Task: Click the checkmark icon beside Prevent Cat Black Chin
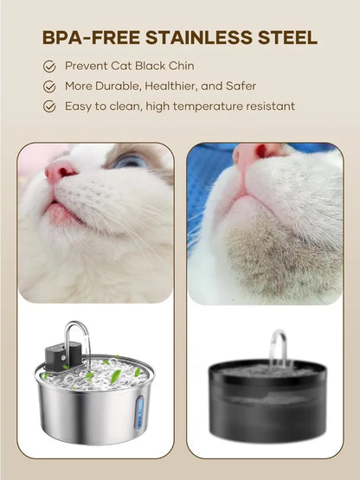coord(49,66)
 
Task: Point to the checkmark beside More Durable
coord(49,86)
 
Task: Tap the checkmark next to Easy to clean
coord(49,106)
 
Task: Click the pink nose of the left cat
coord(61,170)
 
